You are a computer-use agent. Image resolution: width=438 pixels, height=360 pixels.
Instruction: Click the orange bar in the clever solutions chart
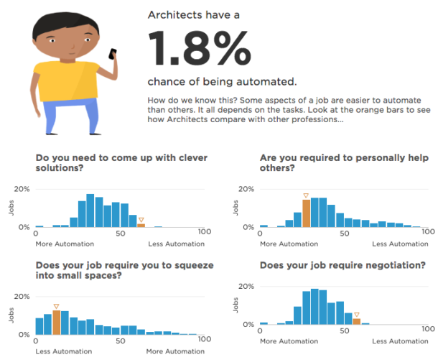coord(141,225)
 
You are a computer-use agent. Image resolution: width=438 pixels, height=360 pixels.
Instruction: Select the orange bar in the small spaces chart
coord(56,323)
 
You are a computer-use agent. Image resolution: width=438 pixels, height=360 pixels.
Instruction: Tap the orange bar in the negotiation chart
coord(356,320)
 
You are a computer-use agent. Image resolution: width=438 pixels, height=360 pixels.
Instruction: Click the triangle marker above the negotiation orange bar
coord(356,313)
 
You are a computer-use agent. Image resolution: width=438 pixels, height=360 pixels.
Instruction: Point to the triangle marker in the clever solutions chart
coord(141,219)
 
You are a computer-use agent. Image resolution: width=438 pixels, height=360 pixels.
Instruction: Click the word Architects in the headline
coord(175,14)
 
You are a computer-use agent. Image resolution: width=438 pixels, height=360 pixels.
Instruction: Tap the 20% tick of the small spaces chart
coord(22,297)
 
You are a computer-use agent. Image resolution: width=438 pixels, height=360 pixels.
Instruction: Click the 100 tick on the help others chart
coord(429,234)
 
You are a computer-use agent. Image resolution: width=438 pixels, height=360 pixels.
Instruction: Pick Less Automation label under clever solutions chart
coord(176,244)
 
